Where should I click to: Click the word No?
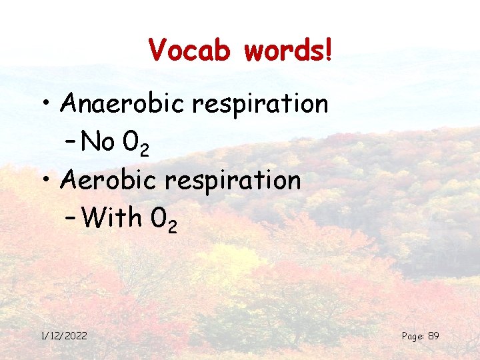[99, 141]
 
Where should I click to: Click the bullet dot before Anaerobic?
[48, 105]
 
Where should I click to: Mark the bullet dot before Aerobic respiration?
[48, 181]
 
